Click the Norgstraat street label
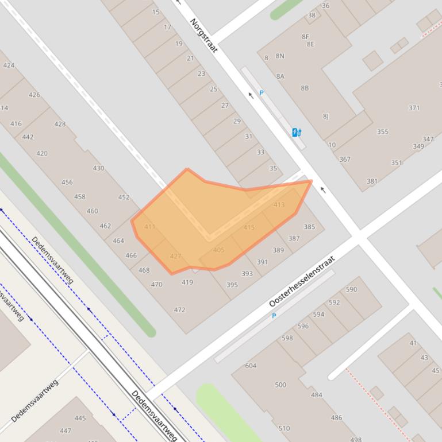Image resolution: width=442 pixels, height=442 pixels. pyautogui.click(x=204, y=36)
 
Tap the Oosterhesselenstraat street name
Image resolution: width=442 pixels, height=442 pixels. pyautogui.click(x=310, y=281)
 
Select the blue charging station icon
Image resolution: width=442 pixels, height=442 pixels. pyautogui.click(x=297, y=133)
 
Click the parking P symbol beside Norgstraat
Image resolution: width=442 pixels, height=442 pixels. pyautogui.click(x=262, y=93)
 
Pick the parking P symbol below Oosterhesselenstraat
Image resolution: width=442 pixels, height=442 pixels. pyautogui.click(x=274, y=316)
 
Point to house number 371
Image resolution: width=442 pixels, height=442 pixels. pyautogui.click(x=414, y=108)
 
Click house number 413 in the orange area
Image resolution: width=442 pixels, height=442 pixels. pyautogui.click(x=279, y=205)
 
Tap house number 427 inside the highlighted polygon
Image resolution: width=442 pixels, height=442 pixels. pyautogui.click(x=176, y=257)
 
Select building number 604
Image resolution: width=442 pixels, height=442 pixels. pyautogui.click(x=251, y=366)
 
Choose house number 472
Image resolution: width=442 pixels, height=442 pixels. pyautogui.click(x=179, y=310)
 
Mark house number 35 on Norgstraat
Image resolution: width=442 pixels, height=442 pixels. pyautogui.click(x=273, y=169)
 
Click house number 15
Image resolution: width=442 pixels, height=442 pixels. pyautogui.click(x=156, y=12)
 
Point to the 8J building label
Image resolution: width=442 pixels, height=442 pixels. pyautogui.click(x=326, y=117)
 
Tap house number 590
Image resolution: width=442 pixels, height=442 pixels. pyautogui.click(x=352, y=290)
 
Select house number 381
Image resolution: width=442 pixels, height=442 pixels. pyautogui.click(x=372, y=181)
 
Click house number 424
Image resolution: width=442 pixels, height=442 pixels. pyautogui.click(x=9, y=65)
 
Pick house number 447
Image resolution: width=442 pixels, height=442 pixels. pyautogui.click(x=66, y=431)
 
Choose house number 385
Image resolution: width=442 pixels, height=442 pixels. pyautogui.click(x=309, y=227)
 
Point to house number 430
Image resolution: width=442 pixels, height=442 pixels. pyautogui.click(x=98, y=168)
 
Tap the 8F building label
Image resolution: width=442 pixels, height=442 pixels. pyautogui.click(x=305, y=37)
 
